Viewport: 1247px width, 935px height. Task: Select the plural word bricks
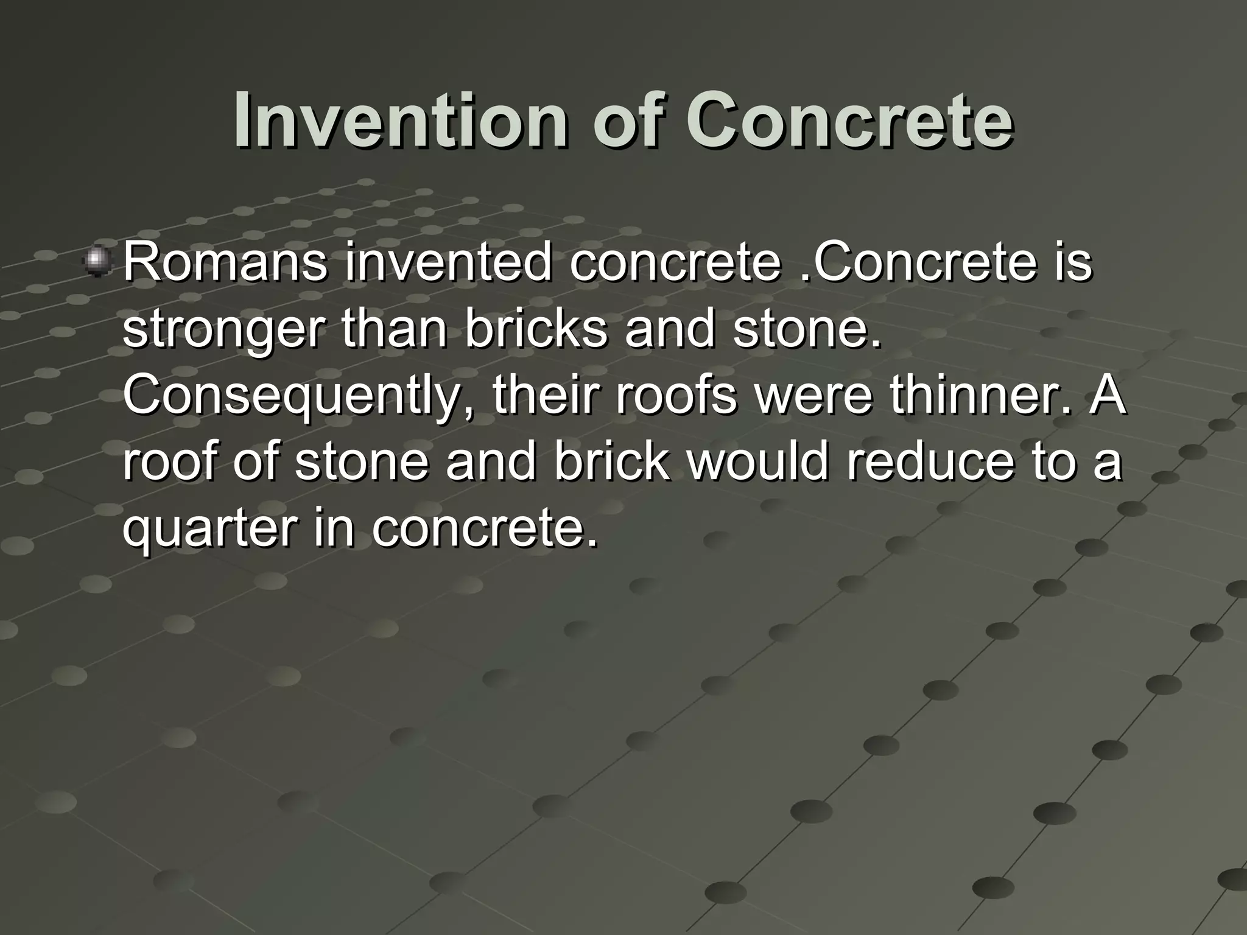click(x=536, y=329)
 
